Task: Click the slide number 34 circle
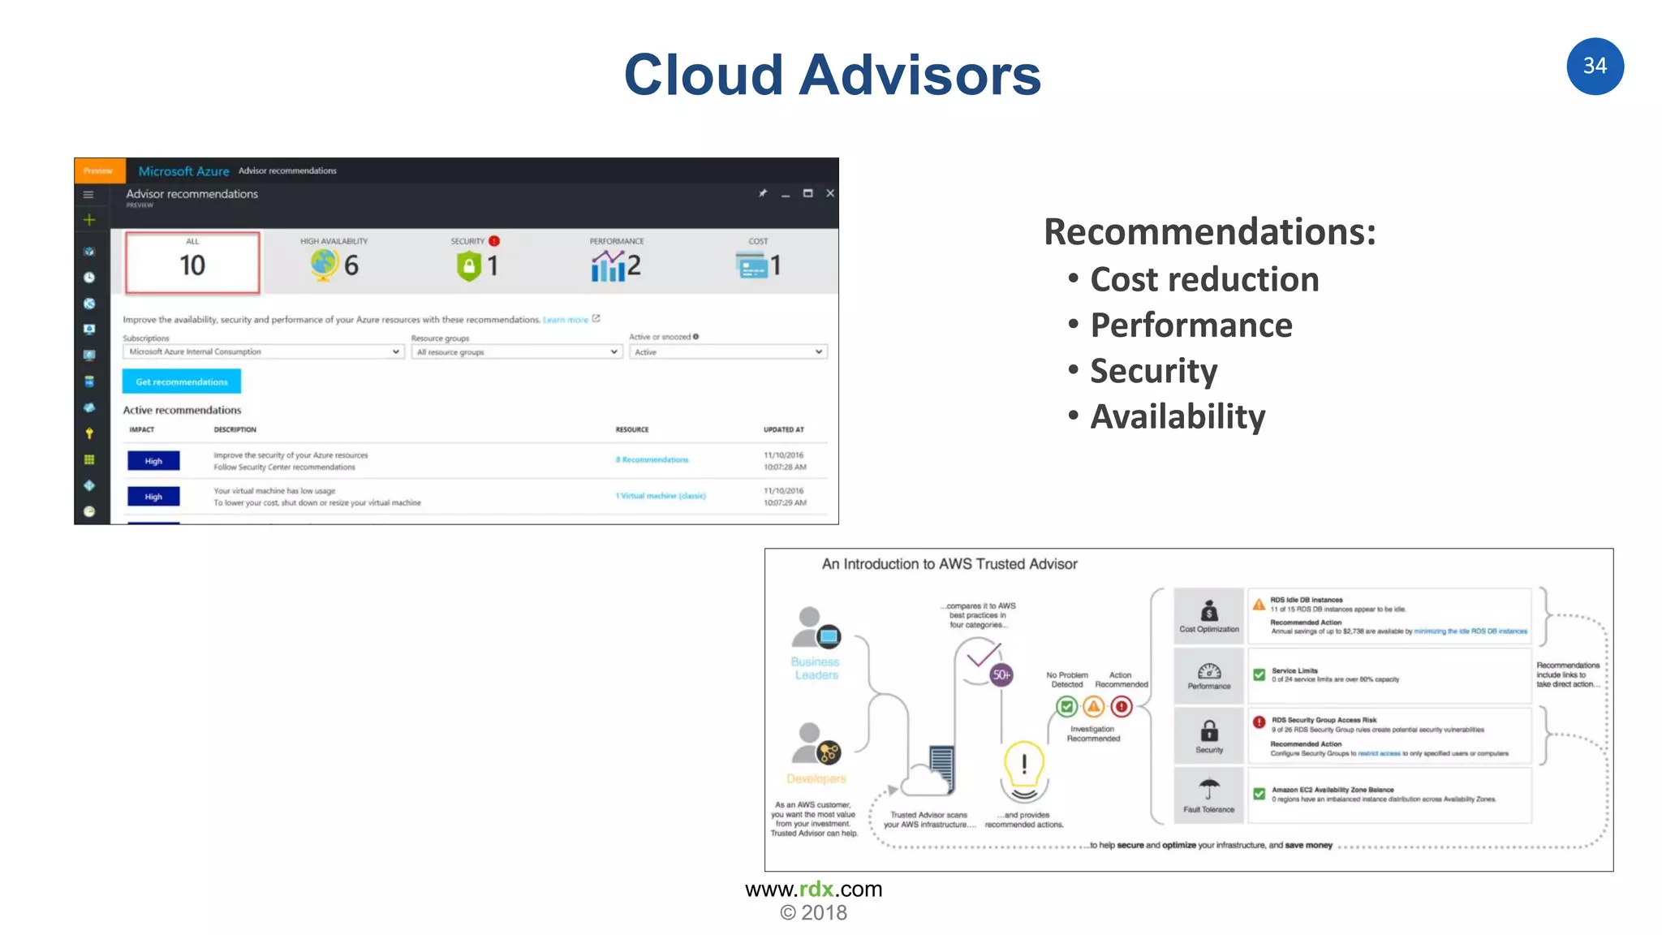coord(1595,67)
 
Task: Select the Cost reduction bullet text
coord(1204,280)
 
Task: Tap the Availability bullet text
coord(1178,417)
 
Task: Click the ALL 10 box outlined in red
coord(192,262)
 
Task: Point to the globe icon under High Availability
coord(324,265)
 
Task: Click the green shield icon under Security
coord(469,265)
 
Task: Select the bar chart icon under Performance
coord(608,265)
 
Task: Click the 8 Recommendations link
coord(652,460)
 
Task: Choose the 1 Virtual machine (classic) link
coord(661,496)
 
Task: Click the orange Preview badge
coord(99,171)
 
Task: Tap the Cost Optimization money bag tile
coord(1208,615)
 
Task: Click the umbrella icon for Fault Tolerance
coord(1208,788)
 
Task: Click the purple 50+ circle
coord(1001,674)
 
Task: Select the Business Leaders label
coord(816,669)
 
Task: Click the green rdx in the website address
coord(816,890)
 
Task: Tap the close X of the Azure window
coord(830,193)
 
